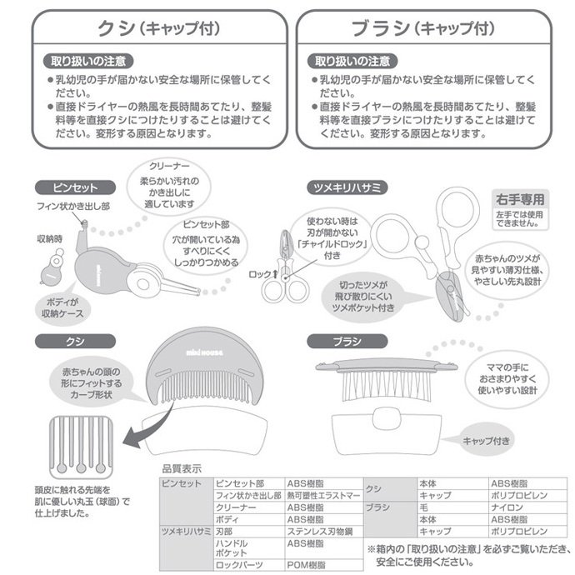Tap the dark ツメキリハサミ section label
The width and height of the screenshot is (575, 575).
click(x=347, y=187)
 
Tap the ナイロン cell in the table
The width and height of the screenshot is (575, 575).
click(x=506, y=507)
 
